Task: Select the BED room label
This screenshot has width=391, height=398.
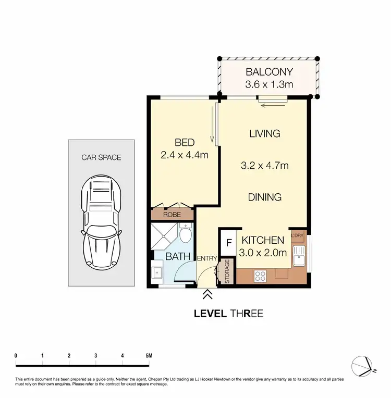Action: (184, 143)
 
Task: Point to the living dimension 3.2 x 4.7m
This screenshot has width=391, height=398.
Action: (264, 166)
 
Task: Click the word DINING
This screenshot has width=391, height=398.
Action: (264, 197)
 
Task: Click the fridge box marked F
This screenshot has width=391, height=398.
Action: (227, 243)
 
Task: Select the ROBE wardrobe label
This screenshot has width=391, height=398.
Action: (172, 214)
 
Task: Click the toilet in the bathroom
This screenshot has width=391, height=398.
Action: (185, 235)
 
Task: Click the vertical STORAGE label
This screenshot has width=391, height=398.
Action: (227, 271)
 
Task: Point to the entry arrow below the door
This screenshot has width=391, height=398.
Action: (207, 295)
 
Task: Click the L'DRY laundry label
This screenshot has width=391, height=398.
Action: (297, 236)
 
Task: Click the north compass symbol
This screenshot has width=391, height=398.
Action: (363, 364)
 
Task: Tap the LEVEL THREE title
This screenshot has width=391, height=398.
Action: (228, 314)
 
